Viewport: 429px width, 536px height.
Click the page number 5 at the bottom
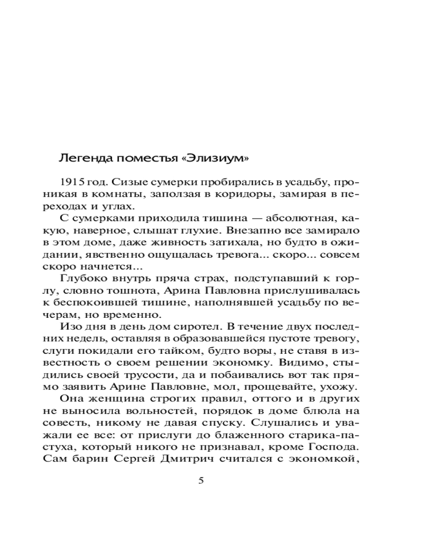pyautogui.click(x=202, y=480)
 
